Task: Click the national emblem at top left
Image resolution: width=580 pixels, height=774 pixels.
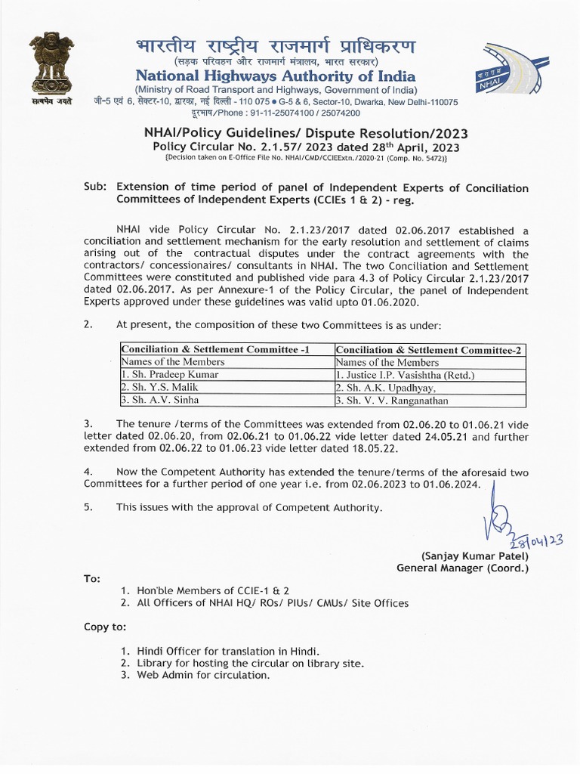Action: pyautogui.click(x=51, y=67)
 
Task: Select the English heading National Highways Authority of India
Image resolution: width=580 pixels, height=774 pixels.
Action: pyautogui.click(x=275, y=76)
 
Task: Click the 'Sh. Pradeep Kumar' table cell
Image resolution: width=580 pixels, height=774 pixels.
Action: pyautogui.click(x=170, y=374)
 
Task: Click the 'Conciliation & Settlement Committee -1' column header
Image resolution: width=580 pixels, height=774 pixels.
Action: pyautogui.click(x=215, y=349)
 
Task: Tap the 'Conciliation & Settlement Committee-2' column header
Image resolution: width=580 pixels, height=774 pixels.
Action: pyautogui.click(x=429, y=349)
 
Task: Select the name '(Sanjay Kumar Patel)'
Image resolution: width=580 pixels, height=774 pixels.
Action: pyautogui.click(x=475, y=555)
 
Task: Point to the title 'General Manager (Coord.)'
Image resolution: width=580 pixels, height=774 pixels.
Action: pyautogui.click(x=463, y=568)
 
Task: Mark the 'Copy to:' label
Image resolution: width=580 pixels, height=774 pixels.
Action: pyautogui.click(x=105, y=627)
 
